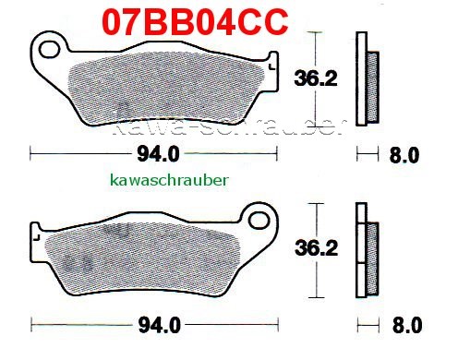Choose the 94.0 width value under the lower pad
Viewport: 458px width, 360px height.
click(151, 324)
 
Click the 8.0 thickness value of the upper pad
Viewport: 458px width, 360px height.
click(406, 153)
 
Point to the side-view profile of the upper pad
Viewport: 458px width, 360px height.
click(367, 81)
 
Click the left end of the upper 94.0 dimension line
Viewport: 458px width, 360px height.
click(30, 152)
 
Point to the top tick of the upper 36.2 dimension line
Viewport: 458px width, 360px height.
click(319, 33)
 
